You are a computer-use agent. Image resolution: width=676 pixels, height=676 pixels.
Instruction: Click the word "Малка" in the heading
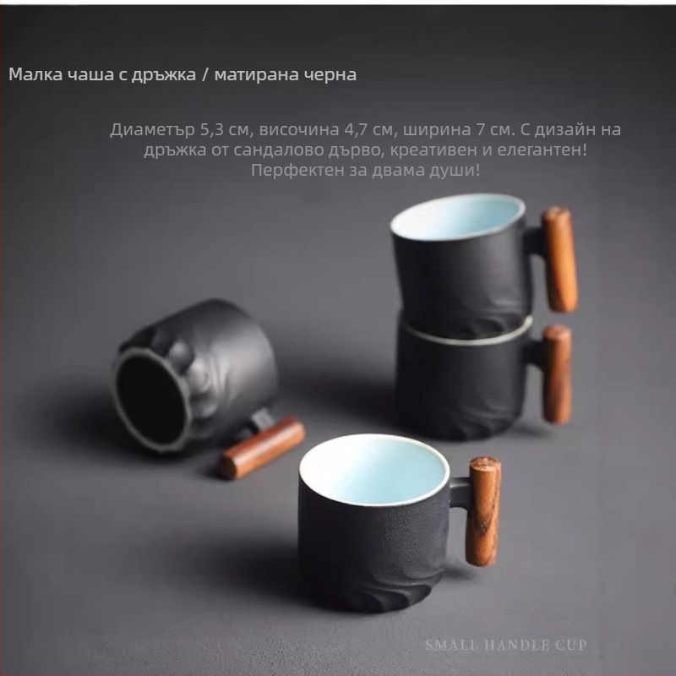[35, 74]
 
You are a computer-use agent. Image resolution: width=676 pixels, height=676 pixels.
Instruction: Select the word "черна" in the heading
[330, 74]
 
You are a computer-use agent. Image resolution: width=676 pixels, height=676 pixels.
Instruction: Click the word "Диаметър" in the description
[152, 130]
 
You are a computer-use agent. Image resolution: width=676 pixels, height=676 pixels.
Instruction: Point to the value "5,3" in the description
[211, 130]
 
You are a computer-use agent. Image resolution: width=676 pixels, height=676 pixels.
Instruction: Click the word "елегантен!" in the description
[542, 150]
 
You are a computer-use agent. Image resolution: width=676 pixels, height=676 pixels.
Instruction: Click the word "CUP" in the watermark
[571, 645]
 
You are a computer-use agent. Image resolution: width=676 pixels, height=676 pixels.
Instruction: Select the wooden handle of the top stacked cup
[559, 259]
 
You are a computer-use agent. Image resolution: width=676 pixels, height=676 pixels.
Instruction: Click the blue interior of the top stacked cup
[458, 217]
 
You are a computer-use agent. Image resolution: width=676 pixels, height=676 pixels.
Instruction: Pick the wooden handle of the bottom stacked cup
[557, 373]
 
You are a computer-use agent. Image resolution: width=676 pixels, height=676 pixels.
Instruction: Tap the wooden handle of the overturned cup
[261, 449]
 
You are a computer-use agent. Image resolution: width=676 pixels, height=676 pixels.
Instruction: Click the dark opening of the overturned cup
[151, 401]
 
